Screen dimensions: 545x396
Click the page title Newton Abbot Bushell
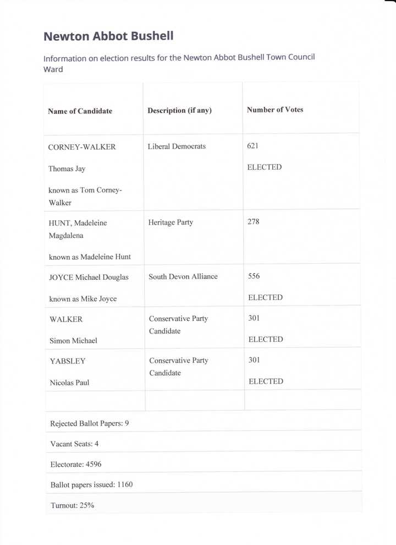pyautogui.click(x=108, y=36)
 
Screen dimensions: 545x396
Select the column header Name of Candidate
pyautogui.click(x=80, y=111)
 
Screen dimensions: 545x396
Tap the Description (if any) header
pyautogui.click(x=179, y=111)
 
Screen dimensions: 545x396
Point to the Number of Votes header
pyautogui.click(x=275, y=110)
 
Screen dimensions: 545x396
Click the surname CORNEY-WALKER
pyautogui.click(x=82, y=148)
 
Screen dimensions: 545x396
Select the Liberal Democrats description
pyautogui.click(x=177, y=146)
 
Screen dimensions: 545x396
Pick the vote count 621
pyautogui.click(x=253, y=146)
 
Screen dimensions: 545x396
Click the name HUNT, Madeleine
pyautogui.click(x=78, y=223)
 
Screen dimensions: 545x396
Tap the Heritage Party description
pyautogui.click(x=170, y=222)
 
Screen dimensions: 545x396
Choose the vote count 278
pyautogui.click(x=254, y=222)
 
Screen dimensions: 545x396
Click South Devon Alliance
pyautogui.click(x=183, y=276)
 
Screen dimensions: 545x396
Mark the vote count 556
pyautogui.click(x=254, y=276)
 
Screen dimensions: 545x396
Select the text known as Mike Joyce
pyautogui.click(x=83, y=299)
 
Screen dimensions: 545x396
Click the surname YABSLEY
pyautogui.click(x=68, y=361)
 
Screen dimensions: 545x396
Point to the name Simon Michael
pyautogui.click(x=73, y=341)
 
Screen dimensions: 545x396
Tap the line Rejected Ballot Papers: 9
pyautogui.click(x=90, y=424)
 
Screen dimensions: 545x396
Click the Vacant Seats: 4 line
pyautogui.click(x=74, y=444)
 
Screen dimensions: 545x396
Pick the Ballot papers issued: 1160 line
pyautogui.click(x=91, y=485)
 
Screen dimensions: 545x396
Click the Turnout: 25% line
pyautogui.click(x=72, y=505)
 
